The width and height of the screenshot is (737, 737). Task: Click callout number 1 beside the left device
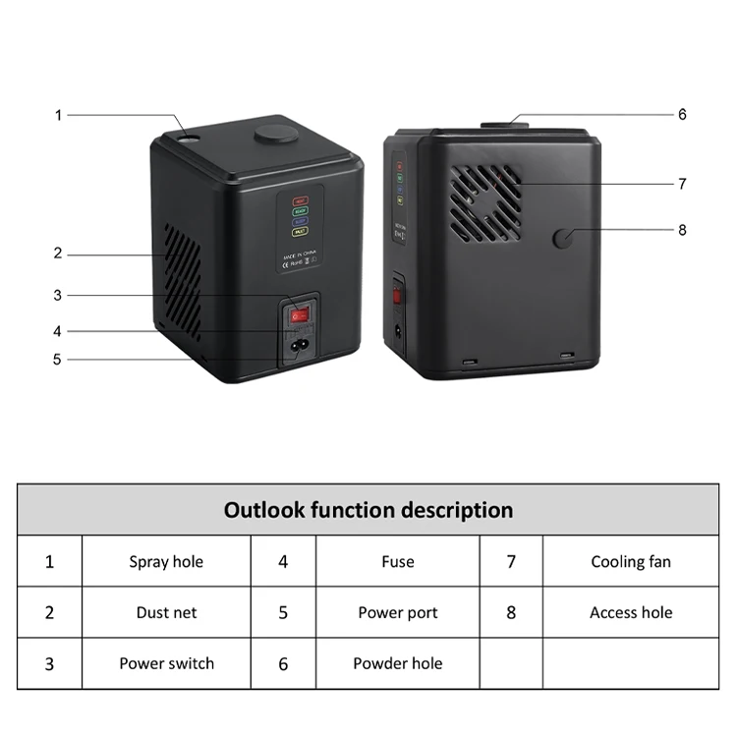(58, 115)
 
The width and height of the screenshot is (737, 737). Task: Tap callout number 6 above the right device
(682, 114)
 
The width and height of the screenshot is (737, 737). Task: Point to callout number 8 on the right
(682, 230)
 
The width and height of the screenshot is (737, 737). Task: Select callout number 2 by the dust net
(58, 254)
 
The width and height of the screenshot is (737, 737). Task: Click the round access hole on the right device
(563, 237)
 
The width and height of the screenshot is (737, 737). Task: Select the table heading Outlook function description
(368, 510)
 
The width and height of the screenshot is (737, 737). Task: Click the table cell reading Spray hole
(166, 562)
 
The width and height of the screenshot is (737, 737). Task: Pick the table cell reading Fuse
(398, 562)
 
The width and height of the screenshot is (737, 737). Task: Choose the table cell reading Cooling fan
(631, 562)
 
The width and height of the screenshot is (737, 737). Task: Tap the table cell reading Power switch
(166, 663)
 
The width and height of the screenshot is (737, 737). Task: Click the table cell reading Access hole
(631, 612)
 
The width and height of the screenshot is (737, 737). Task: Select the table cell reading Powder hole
(398, 663)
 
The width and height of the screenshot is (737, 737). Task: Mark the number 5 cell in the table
(283, 612)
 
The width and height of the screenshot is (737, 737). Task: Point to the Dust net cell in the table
(166, 612)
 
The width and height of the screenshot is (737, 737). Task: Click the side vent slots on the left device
(182, 280)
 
